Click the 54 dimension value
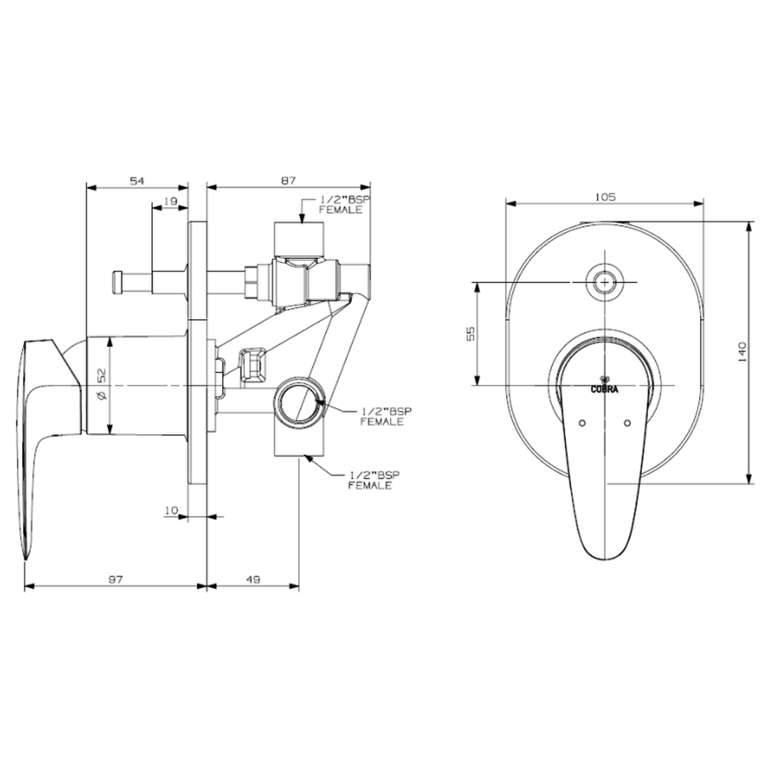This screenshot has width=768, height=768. click(x=137, y=181)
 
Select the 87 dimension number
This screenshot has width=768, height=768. click(x=289, y=181)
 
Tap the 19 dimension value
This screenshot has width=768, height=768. click(x=170, y=201)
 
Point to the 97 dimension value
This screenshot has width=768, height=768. click(x=115, y=580)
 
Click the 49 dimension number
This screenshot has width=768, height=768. click(x=252, y=580)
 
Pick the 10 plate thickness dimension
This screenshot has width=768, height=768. click(x=171, y=511)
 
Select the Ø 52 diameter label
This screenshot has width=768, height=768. click(x=102, y=384)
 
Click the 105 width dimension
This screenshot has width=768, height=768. click(x=605, y=197)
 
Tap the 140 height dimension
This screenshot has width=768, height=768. click(x=742, y=352)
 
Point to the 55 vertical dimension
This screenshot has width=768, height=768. click(x=470, y=334)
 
